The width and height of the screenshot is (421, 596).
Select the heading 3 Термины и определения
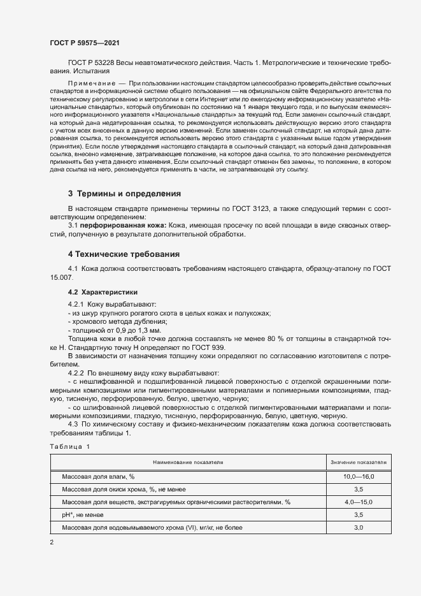pyautogui.click(x=124, y=193)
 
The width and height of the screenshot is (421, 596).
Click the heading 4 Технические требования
pyautogui.click(x=124, y=254)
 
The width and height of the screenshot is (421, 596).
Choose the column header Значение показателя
pyautogui.click(x=358, y=462)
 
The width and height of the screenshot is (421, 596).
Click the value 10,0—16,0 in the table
pyautogui.click(x=358, y=476)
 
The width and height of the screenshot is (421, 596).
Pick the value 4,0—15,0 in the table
pyautogui.click(x=358, y=502)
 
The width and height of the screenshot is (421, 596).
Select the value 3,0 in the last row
pyautogui.click(x=358, y=527)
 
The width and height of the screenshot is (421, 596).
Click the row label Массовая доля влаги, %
pyautogui.click(x=98, y=476)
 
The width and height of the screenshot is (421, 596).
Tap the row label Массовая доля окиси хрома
pyautogui.click(x=108, y=489)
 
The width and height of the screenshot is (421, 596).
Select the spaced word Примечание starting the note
pyautogui.click(x=91, y=84)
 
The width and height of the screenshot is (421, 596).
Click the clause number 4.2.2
pyautogui.click(x=79, y=372)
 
